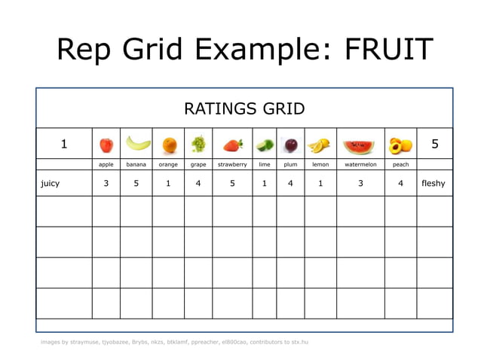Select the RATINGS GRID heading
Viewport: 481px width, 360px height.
[244, 109]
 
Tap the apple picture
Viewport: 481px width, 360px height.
[106, 144]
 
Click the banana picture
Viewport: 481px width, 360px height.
[136, 143]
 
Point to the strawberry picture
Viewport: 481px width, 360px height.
[232, 145]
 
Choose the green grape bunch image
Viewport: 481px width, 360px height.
[198, 144]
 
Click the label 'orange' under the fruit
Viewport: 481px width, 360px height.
[168, 164]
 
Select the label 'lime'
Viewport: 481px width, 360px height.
[265, 164]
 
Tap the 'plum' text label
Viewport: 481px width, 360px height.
[290, 164]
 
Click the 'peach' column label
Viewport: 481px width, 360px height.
[401, 164]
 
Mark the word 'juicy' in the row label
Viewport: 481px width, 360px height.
[51, 183]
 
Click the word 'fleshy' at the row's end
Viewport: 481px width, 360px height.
[434, 183]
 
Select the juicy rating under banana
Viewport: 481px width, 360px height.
[136, 183]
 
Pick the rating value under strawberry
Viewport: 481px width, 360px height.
[232, 183]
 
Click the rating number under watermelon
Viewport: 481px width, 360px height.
[361, 183]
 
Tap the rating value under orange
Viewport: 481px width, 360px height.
[168, 183]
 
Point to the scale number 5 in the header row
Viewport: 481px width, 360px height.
[435, 144]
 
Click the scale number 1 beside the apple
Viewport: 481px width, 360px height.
[64, 144]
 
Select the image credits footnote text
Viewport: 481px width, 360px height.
[174, 342]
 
